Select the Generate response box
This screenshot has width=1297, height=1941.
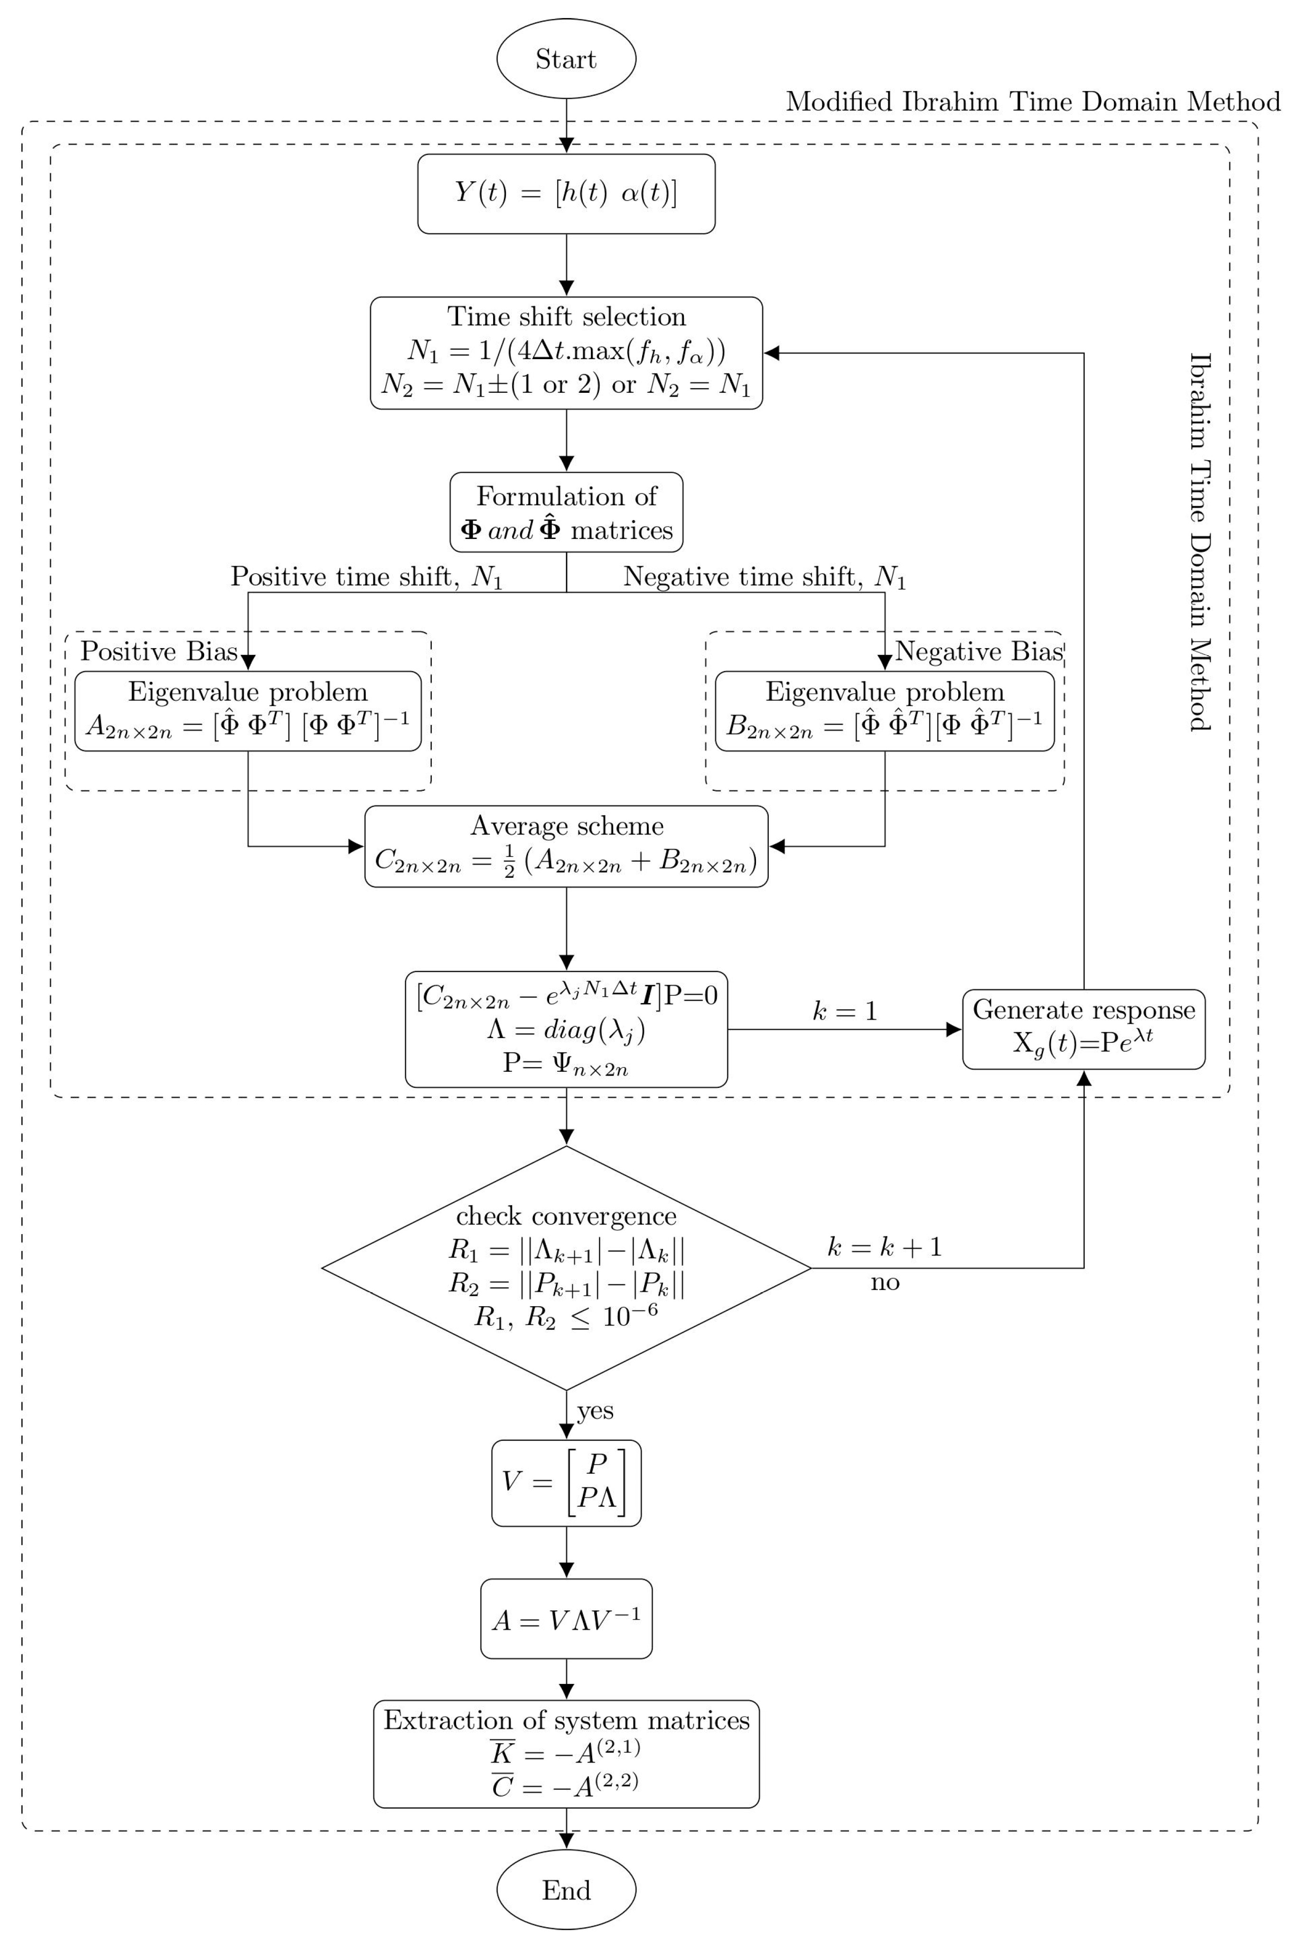point(1083,1029)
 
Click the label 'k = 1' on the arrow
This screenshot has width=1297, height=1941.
point(845,1011)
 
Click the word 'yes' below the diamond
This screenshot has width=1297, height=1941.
point(595,1410)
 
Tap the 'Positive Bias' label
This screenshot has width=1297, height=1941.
point(159,652)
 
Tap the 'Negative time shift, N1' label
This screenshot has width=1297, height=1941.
point(765,576)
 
